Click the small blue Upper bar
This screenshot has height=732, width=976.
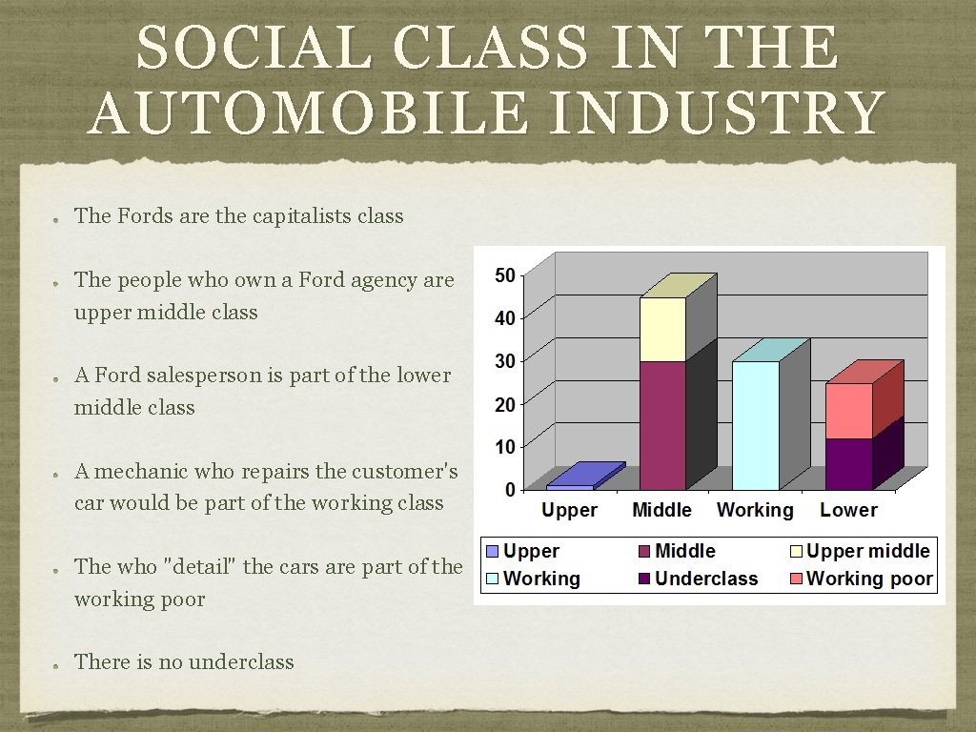point(570,487)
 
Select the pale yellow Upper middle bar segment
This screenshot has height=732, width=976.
point(662,329)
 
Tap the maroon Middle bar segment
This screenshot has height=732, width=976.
point(662,425)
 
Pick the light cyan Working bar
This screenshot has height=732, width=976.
point(755,425)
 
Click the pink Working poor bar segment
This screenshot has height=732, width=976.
point(848,411)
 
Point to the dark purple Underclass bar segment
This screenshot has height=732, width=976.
point(848,464)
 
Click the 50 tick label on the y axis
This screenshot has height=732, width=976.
point(504,275)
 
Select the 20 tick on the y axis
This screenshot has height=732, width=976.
point(504,404)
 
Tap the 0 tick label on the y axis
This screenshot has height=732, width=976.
point(510,490)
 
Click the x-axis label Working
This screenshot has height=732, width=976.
point(755,511)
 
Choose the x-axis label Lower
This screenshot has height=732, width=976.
point(848,511)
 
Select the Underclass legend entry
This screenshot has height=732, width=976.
point(706,579)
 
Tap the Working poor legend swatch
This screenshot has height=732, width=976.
point(796,579)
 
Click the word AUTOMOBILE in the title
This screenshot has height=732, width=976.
point(306,112)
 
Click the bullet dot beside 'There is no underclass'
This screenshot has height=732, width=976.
point(57,664)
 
